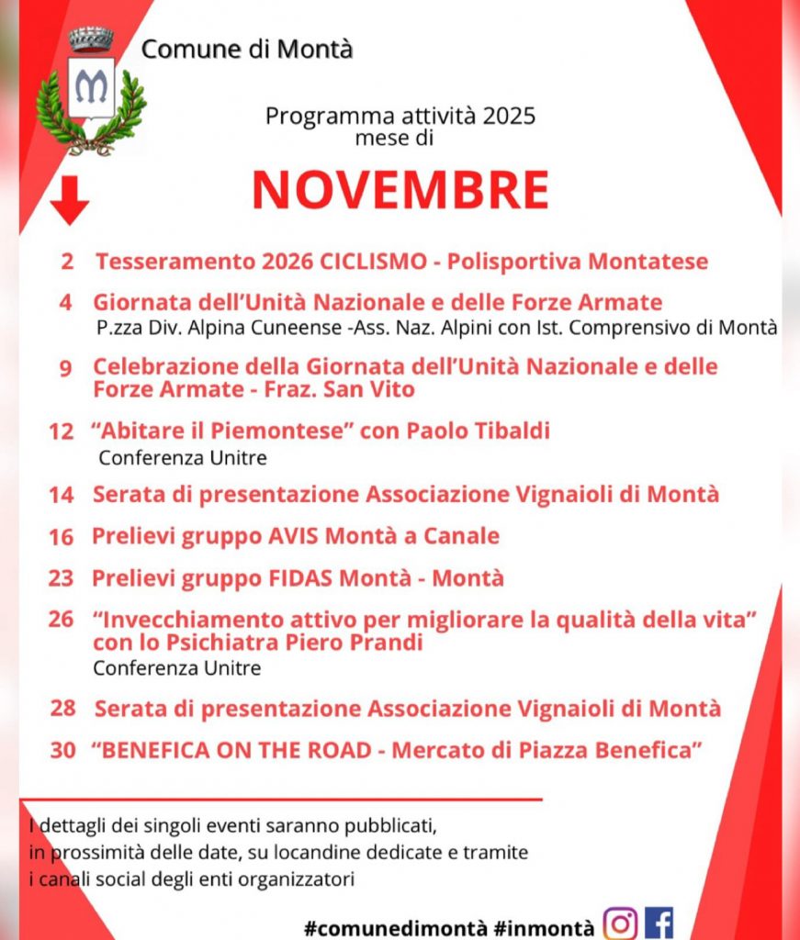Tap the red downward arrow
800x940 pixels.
(x=69, y=200)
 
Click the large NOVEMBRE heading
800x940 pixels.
(x=400, y=190)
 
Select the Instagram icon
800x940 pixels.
(x=620, y=922)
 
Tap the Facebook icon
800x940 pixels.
(x=659, y=922)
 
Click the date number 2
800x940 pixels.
(x=67, y=262)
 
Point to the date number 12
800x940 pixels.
(x=61, y=431)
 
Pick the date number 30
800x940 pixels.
(x=62, y=750)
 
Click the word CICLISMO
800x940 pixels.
(x=374, y=262)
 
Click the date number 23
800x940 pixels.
(x=61, y=579)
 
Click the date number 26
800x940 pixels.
(x=61, y=620)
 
